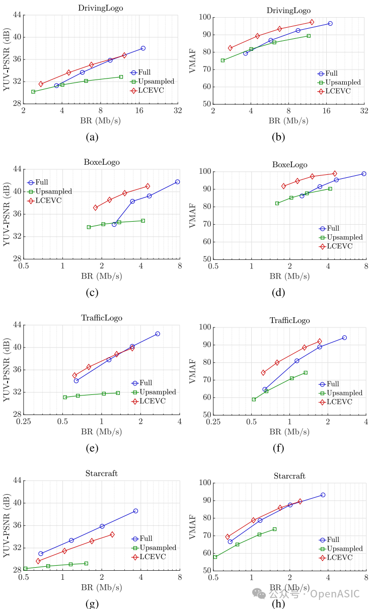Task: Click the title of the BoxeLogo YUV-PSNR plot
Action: tap(101, 162)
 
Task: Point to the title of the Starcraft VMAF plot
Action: tap(289, 476)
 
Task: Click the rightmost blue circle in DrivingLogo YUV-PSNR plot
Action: tap(143, 48)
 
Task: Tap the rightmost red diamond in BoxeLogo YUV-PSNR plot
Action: tap(147, 186)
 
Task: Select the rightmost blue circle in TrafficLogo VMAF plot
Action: tap(344, 337)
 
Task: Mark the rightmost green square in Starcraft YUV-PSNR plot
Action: tap(86, 563)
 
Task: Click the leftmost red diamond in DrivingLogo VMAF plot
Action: tap(230, 48)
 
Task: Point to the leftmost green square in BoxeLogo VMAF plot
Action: tap(277, 204)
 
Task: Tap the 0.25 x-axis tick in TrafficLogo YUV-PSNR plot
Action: tap(24, 421)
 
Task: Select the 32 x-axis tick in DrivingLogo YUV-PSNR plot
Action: tap(177, 110)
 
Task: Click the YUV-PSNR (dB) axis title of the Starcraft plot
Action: tap(7, 525)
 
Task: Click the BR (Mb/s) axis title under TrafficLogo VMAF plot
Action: tap(289, 432)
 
